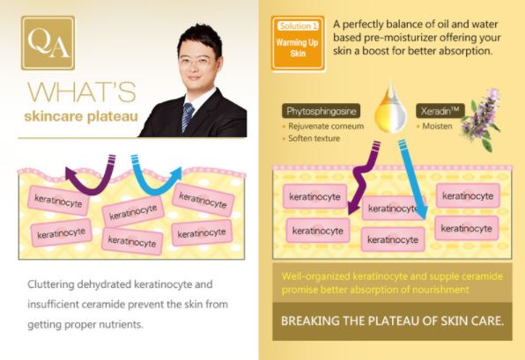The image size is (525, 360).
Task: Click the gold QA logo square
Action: [x=48, y=43]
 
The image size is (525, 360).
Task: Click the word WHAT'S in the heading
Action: [x=82, y=92]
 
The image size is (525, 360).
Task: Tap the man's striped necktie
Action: [x=188, y=116]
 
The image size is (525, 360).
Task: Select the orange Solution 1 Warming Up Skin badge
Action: [x=298, y=43]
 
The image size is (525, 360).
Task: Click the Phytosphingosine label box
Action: [x=322, y=111]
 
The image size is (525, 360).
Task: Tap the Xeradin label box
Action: [x=440, y=111]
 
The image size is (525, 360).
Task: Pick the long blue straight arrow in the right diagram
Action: [x=413, y=180]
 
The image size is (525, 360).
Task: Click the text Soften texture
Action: [x=314, y=138]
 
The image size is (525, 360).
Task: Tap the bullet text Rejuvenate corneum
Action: [x=326, y=126]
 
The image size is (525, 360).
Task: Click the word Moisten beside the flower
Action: [x=437, y=126]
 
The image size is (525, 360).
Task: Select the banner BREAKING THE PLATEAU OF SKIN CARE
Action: [x=392, y=321]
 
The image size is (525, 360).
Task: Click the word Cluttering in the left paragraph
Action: [x=51, y=284]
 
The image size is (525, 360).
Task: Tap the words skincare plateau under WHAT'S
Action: [x=81, y=116]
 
